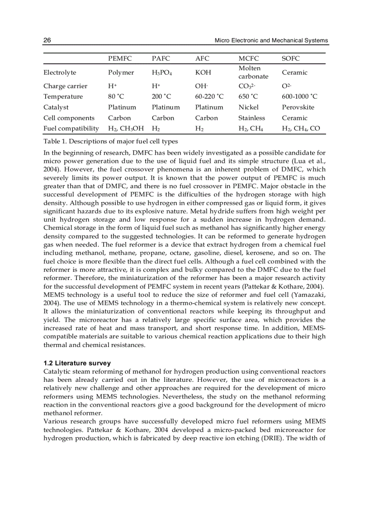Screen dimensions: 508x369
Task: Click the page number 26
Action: pyautogui.click(x=47, y=40)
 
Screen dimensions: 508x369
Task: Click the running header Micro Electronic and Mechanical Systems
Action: pyautogui.click(x=271, y=40)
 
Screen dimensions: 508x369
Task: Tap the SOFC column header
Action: pyautogui.click(x=291, y=59)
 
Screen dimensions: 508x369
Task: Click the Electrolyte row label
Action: pyautogui.click(x=60, y=72)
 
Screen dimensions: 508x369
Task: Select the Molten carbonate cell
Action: pyautogui.click(x=253, y=72)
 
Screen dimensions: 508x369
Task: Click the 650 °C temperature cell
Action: pyautogui.click(x=248, y=96)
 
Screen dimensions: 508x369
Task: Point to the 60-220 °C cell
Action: pyautogui.click(x=209, y=96)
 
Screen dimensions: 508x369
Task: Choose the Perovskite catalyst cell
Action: pyautogui.click(x=298, y=107)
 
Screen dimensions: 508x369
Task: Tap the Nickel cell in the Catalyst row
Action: pyautogui.click(x=249, y=107)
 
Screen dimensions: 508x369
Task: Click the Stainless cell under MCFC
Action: pyautogui.click(x=252, y=118)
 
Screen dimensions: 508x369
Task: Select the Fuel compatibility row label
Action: pyautogui.click(x=71, y=128)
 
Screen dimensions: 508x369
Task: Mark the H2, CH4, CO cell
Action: pyautogui.click(x=301, y=128)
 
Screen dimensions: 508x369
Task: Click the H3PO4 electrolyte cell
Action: pyautogui.click(x=162, y=72)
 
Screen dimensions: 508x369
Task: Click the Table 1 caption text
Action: pyautogui.click(x=111, y=142)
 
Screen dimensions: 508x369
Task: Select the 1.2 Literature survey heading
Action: pyautogui.click(x=77, y=363)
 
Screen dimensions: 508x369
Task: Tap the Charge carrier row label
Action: pyautogui.click(x=66, y=86)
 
